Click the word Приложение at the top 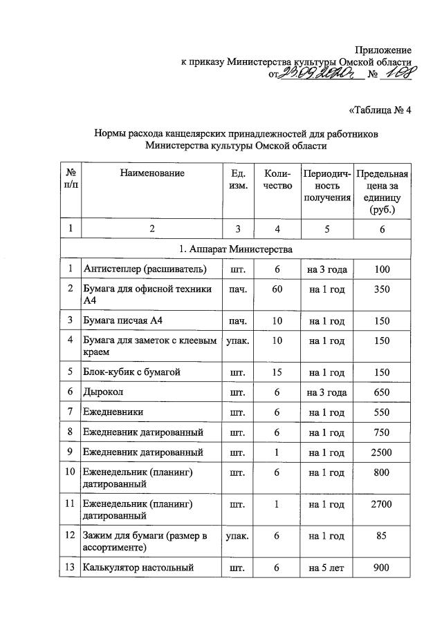click(x=383, y=50)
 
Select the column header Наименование click(x=151, y=173)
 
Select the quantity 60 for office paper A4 click(x=277, y=289)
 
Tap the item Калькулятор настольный click(x=139, y=568)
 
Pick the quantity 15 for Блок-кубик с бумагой click(x=277, y=372)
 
